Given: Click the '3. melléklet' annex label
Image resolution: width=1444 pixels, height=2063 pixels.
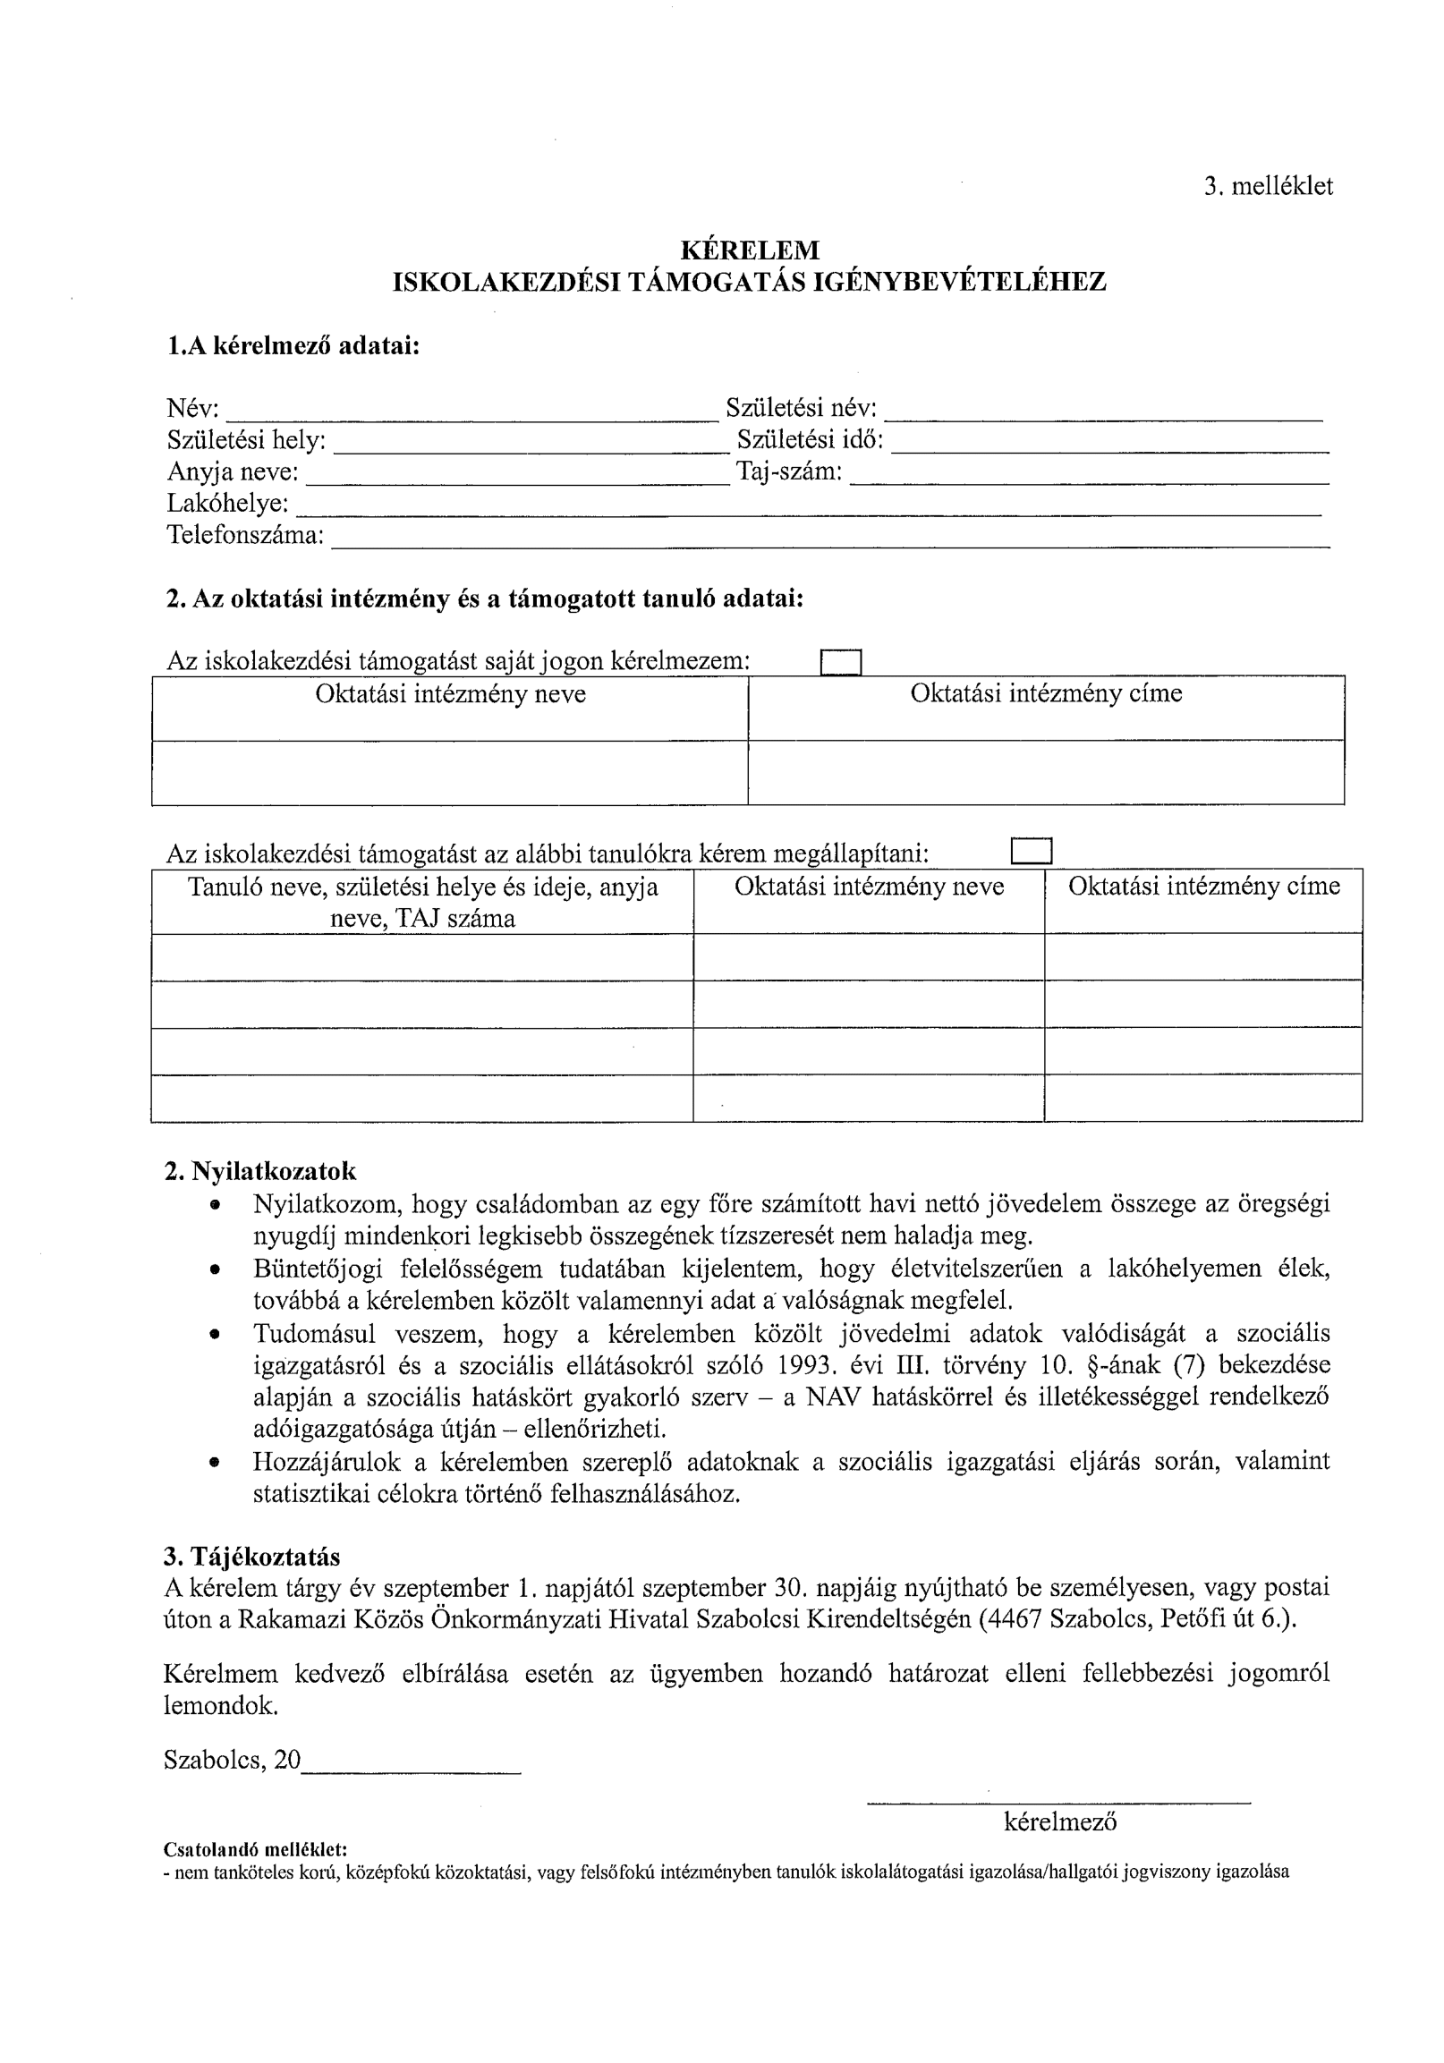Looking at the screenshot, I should pos(1268,187).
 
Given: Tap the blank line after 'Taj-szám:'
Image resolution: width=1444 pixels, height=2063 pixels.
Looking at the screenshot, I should pos(1088,477).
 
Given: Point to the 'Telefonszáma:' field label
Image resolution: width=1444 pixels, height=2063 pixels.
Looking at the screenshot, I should pos(245,536).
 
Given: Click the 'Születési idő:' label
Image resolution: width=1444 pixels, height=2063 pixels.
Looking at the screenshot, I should pos(810,440).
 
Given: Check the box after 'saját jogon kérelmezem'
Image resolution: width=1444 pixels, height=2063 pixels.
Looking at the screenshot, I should pos(841,662).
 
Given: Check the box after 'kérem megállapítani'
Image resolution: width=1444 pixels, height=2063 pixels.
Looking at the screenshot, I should pos(1031,850).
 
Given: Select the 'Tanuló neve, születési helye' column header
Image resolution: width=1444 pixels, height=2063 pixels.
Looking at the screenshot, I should pos(422,902).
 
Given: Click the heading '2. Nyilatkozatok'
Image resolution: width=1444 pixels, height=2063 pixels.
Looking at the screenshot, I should pos(259,1172).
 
